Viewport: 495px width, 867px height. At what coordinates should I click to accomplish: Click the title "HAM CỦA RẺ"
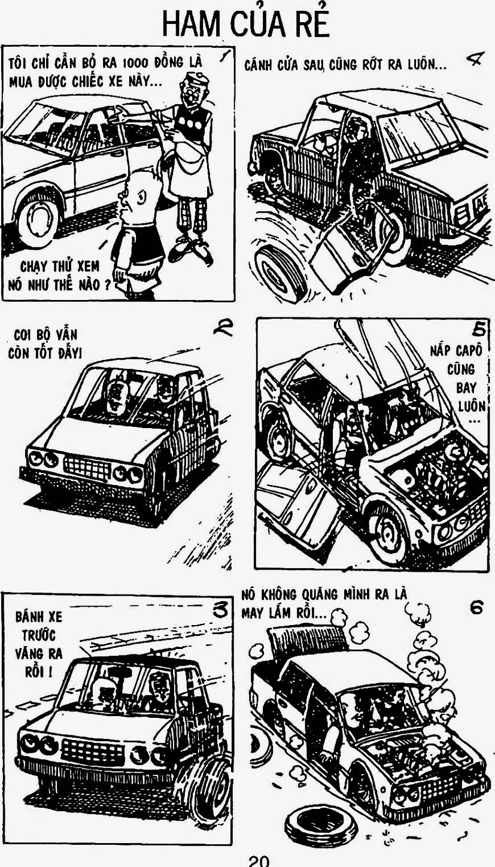(246, 23)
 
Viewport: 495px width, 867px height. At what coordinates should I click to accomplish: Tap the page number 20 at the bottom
(259, 862)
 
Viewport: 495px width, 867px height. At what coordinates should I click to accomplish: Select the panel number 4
(472, 60)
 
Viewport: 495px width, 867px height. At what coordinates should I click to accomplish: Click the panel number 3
(221, 610)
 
